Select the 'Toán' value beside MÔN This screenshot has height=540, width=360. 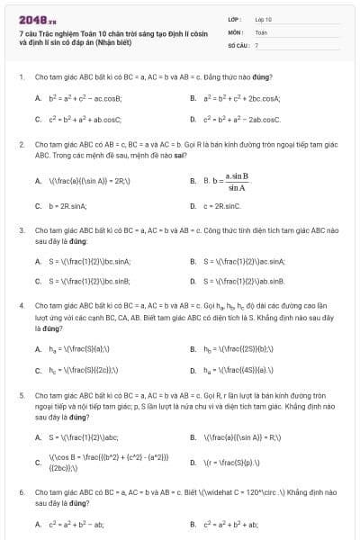(x=261, y=31)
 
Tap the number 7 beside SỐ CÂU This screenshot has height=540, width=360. (x=257, y=44)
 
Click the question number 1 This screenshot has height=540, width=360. (x=22, y=76)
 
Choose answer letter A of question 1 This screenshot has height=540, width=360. (x=38, y=97)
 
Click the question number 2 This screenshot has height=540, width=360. (x=22, y=144)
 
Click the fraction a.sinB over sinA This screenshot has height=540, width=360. (x=237, y=181)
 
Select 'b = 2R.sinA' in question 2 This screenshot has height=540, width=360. (x=67, y=206)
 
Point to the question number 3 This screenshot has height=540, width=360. (x=22, y=230)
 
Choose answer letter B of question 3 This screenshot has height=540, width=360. (x=193, y=261)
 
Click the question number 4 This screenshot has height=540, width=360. (x=22, y=305)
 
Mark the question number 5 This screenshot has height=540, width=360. (x=22, y=395)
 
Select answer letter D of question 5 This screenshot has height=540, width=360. (x=193, y=463)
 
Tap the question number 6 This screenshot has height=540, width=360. (x=22, y=492)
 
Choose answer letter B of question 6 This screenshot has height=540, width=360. (x=193, y=524)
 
